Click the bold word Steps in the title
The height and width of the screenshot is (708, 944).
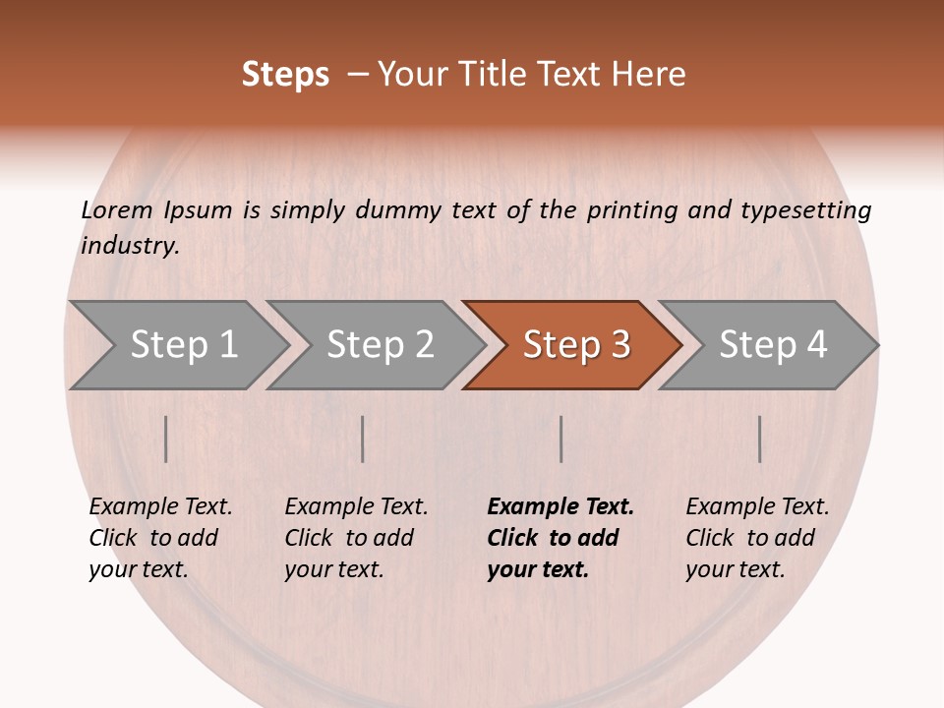pos(285,75)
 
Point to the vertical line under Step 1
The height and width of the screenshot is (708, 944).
pos(166,439)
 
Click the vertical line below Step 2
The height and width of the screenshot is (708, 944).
pos(363,439)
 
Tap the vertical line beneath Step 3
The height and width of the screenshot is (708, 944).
pos(560,439)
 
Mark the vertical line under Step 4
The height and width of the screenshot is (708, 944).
pos(759,439)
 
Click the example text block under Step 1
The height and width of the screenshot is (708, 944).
pos(160,538)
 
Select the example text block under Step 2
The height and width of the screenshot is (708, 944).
pos(356,538)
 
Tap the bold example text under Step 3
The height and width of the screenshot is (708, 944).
pos(560,538)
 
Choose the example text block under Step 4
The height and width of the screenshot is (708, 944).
pos(757,538)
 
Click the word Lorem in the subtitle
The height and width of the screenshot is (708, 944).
pos(116,210)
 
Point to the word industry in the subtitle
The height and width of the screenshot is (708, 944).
pos(130,246)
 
